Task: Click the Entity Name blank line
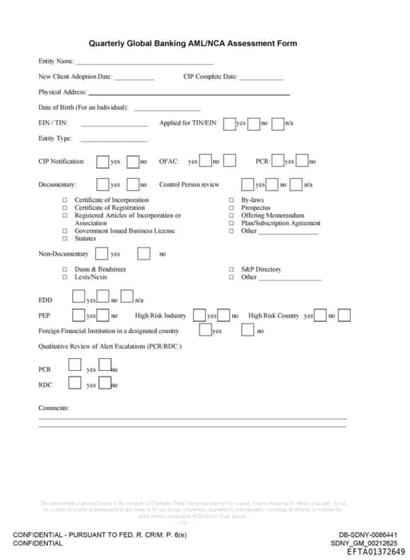coord(144,62)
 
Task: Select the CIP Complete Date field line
coord(261,78)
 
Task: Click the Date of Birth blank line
coord(167,108)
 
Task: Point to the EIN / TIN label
coord(53,123)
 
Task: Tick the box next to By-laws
coord(232,200)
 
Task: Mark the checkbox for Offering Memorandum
coord(232,216)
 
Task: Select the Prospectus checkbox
coord(232,207)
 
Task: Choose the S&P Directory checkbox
coord(232,269)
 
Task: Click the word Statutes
coord(85,239)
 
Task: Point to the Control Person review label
coord(189,184)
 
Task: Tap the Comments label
coord(54,408)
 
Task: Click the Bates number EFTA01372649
coord(376,552)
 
